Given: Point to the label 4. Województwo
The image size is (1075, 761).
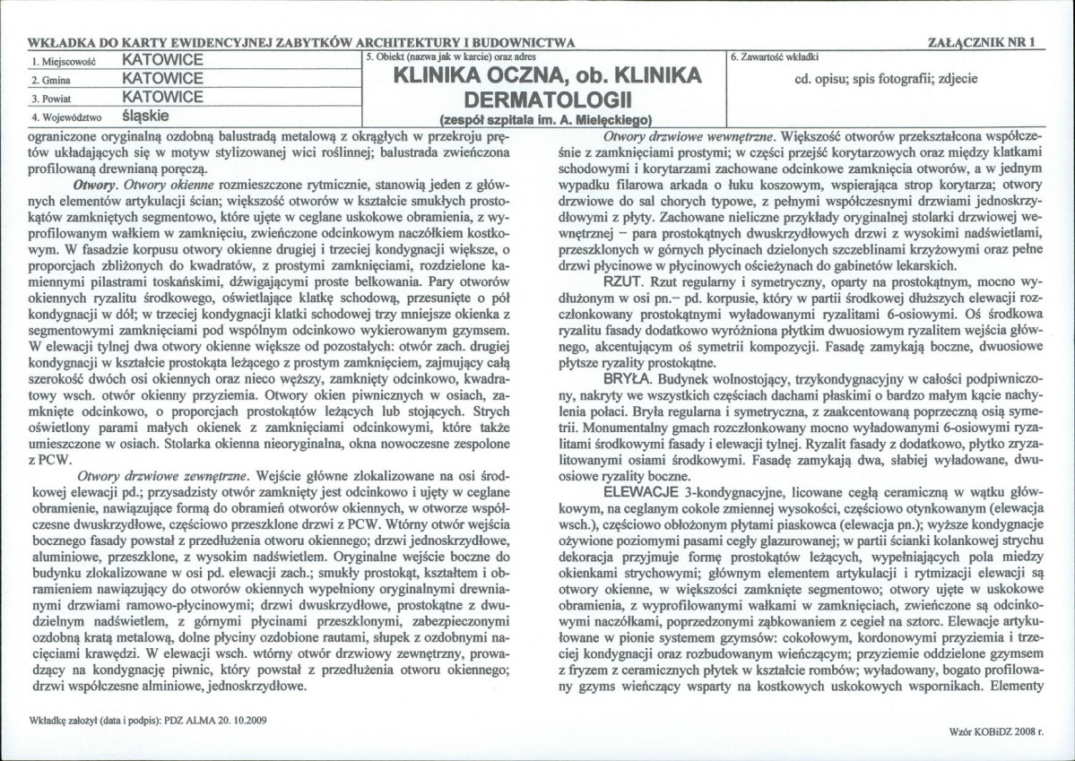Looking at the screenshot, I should click(67, 117).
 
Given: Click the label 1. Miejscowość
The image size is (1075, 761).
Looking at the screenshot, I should click(63, 61).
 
